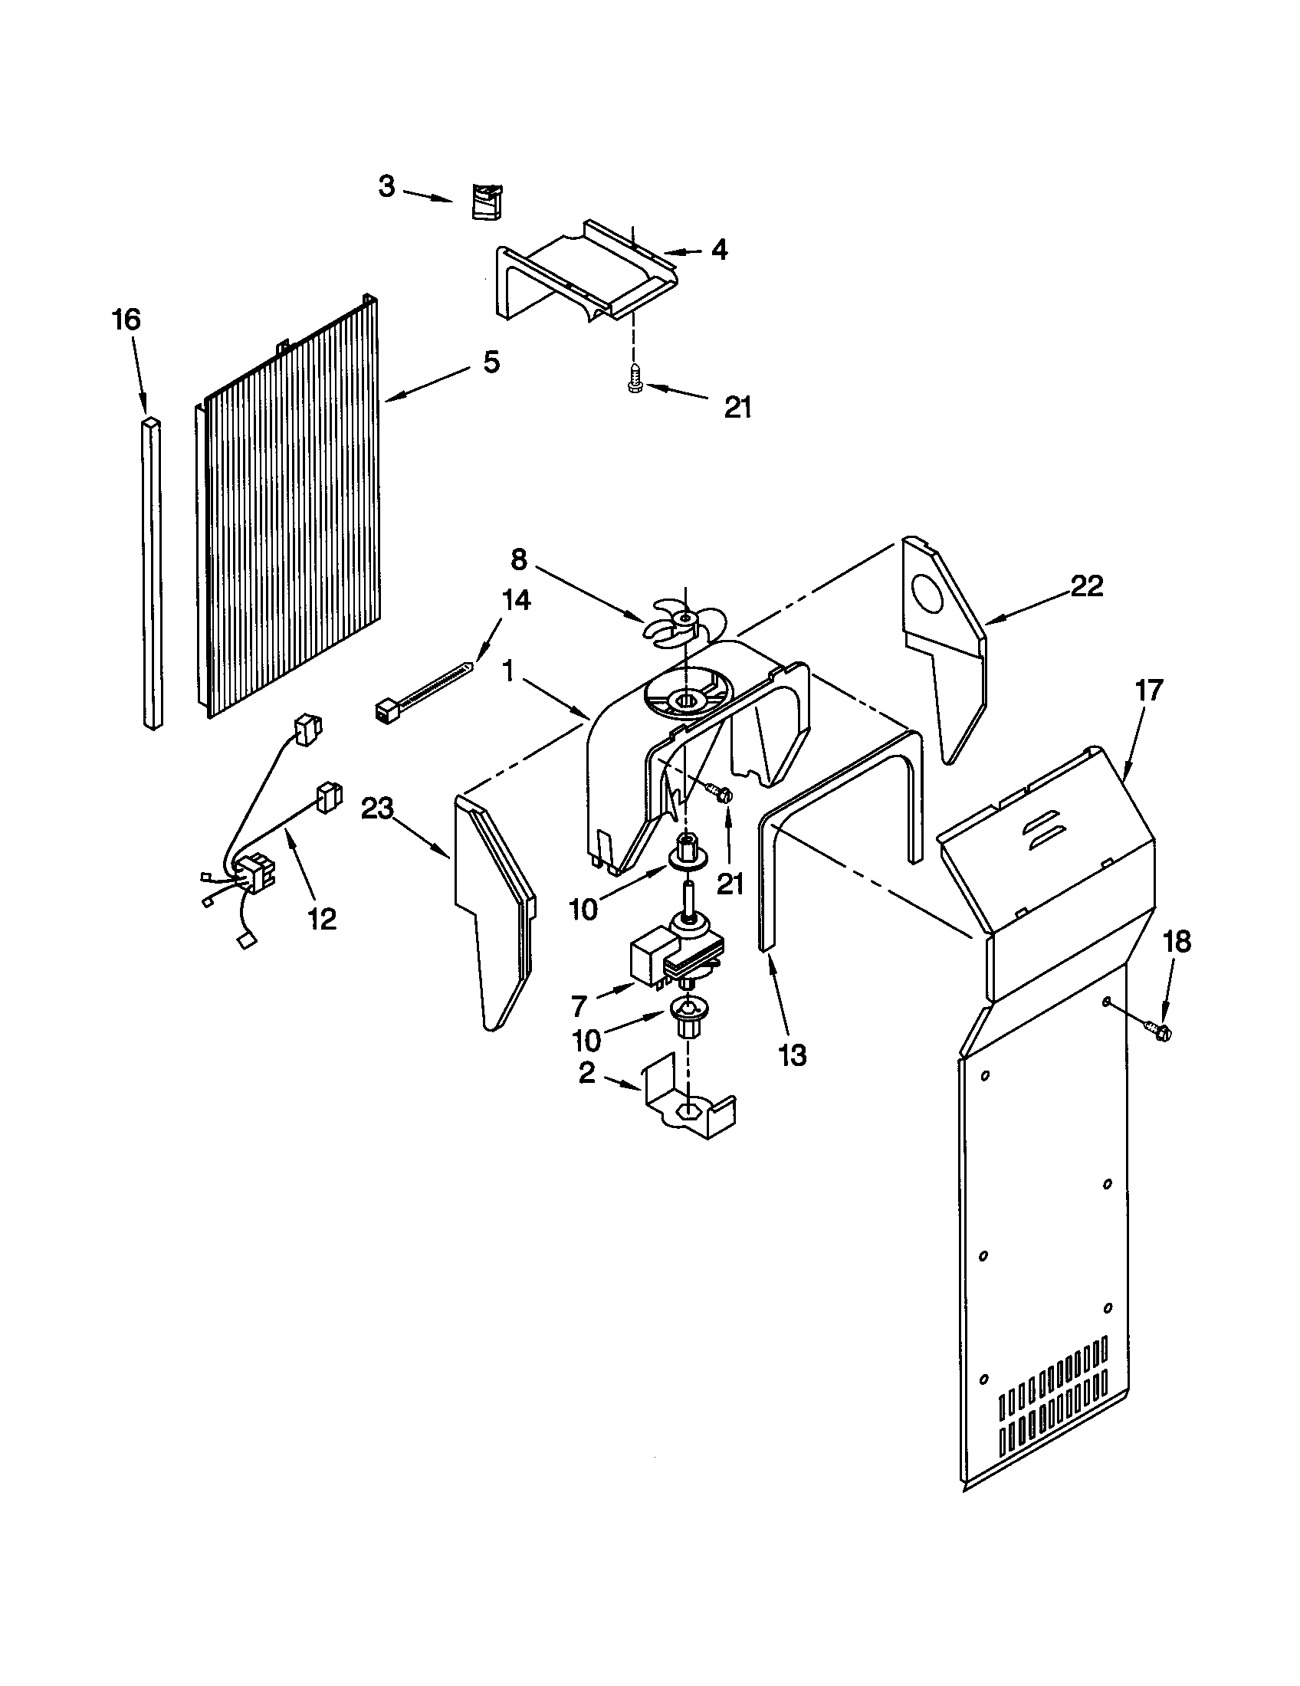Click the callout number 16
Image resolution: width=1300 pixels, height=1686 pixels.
point(127,320)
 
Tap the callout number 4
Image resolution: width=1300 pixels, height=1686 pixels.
point(720,249)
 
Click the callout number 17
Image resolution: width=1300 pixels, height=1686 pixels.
point(1149,690)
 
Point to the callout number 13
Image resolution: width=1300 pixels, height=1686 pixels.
point(793,1055)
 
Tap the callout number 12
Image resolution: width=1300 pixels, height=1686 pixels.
point(322,917)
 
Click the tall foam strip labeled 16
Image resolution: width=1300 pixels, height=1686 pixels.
point(153,571)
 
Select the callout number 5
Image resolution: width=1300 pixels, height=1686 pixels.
point(491,362)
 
